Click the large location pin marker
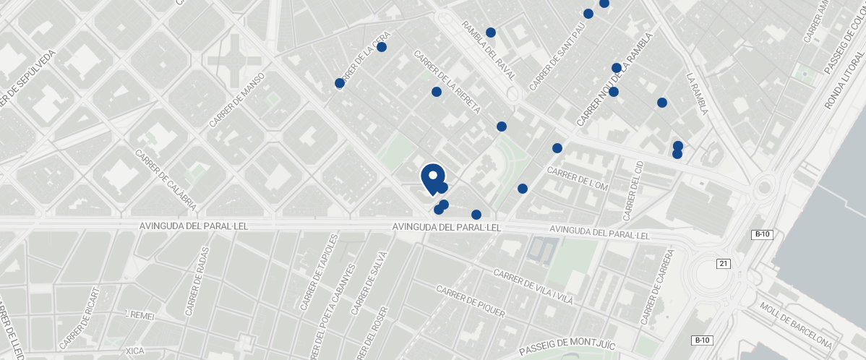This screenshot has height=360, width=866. [x=432, y=178]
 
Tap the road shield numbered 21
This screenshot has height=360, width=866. [x=724, y=264]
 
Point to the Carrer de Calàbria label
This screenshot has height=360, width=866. [x=166, y=180]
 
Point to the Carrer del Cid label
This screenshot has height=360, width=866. [x=633, y=190]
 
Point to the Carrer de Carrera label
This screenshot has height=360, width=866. [x=657, y=287]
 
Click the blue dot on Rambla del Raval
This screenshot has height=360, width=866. [x=491, y=33]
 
